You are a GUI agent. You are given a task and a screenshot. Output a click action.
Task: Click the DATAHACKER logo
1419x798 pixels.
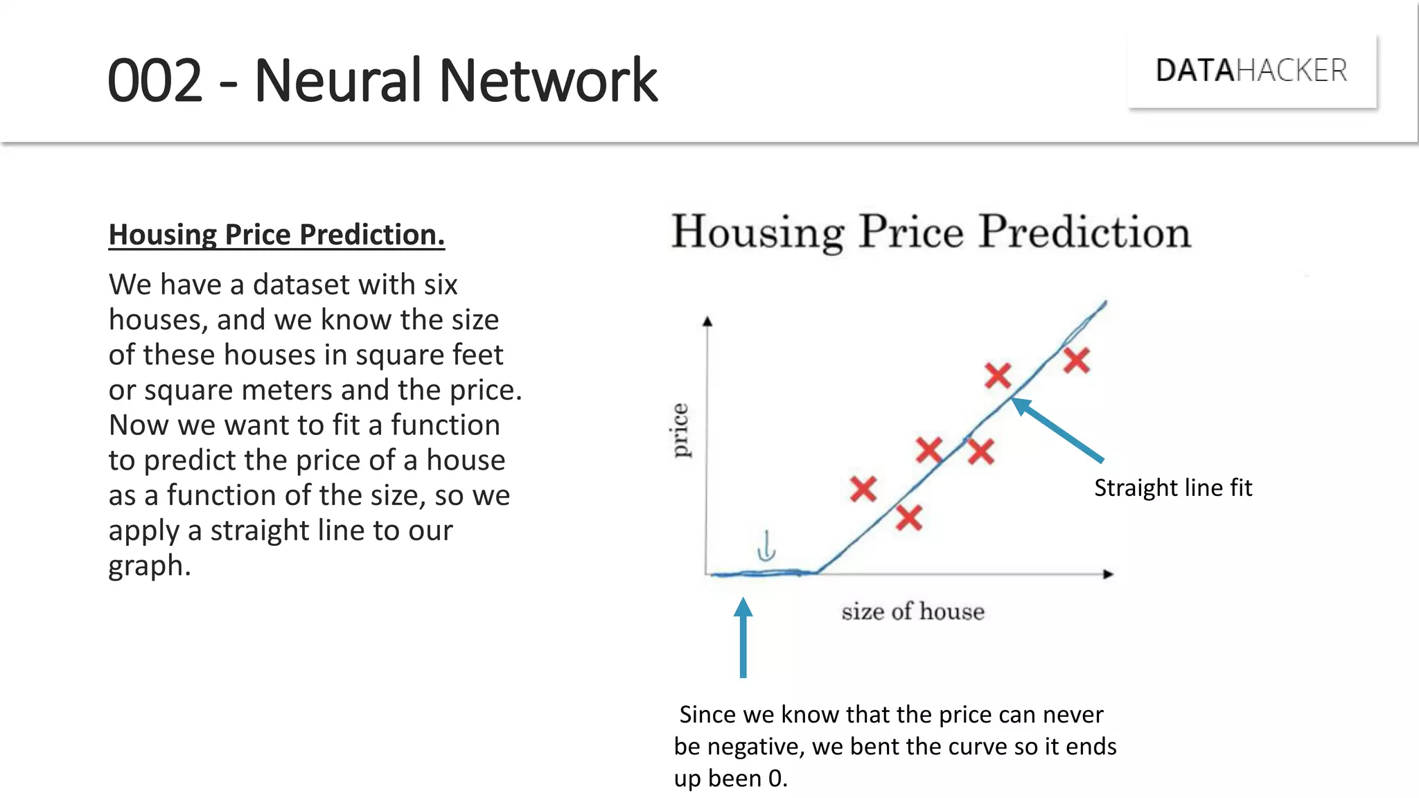(x=1251, y=71)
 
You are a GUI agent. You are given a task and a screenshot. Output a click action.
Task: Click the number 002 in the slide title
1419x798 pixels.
(x=155, y=81)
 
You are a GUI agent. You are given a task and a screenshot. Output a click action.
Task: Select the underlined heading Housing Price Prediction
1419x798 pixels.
(x=276, y=235)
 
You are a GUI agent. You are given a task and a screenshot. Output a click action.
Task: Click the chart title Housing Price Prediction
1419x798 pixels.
(x=931, y=231)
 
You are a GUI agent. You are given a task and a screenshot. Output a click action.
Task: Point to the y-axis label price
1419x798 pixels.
(x=680, y=430)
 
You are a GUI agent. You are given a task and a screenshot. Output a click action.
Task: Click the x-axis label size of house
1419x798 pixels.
(x=913, y=612)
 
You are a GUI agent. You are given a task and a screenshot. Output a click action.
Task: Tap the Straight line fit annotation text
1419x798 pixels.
(x=1172, y=488)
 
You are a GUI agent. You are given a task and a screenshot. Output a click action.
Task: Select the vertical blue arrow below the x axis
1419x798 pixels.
(x=743, y=637)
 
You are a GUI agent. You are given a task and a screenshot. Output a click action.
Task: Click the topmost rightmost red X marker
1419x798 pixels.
(x=1077, y=360)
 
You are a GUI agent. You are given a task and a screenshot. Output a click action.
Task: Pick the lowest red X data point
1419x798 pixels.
(x=908, y=517)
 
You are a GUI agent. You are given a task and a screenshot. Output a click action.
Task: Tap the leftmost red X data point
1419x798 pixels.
(x=863, y=489)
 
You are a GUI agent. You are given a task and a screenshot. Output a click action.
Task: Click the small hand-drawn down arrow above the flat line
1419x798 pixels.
(x=766, y=546)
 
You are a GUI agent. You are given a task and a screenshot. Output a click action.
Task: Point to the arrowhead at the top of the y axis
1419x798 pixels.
(x=707, y=321)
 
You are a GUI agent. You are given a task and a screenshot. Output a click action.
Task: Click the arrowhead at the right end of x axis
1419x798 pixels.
(x=1108, y=574)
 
